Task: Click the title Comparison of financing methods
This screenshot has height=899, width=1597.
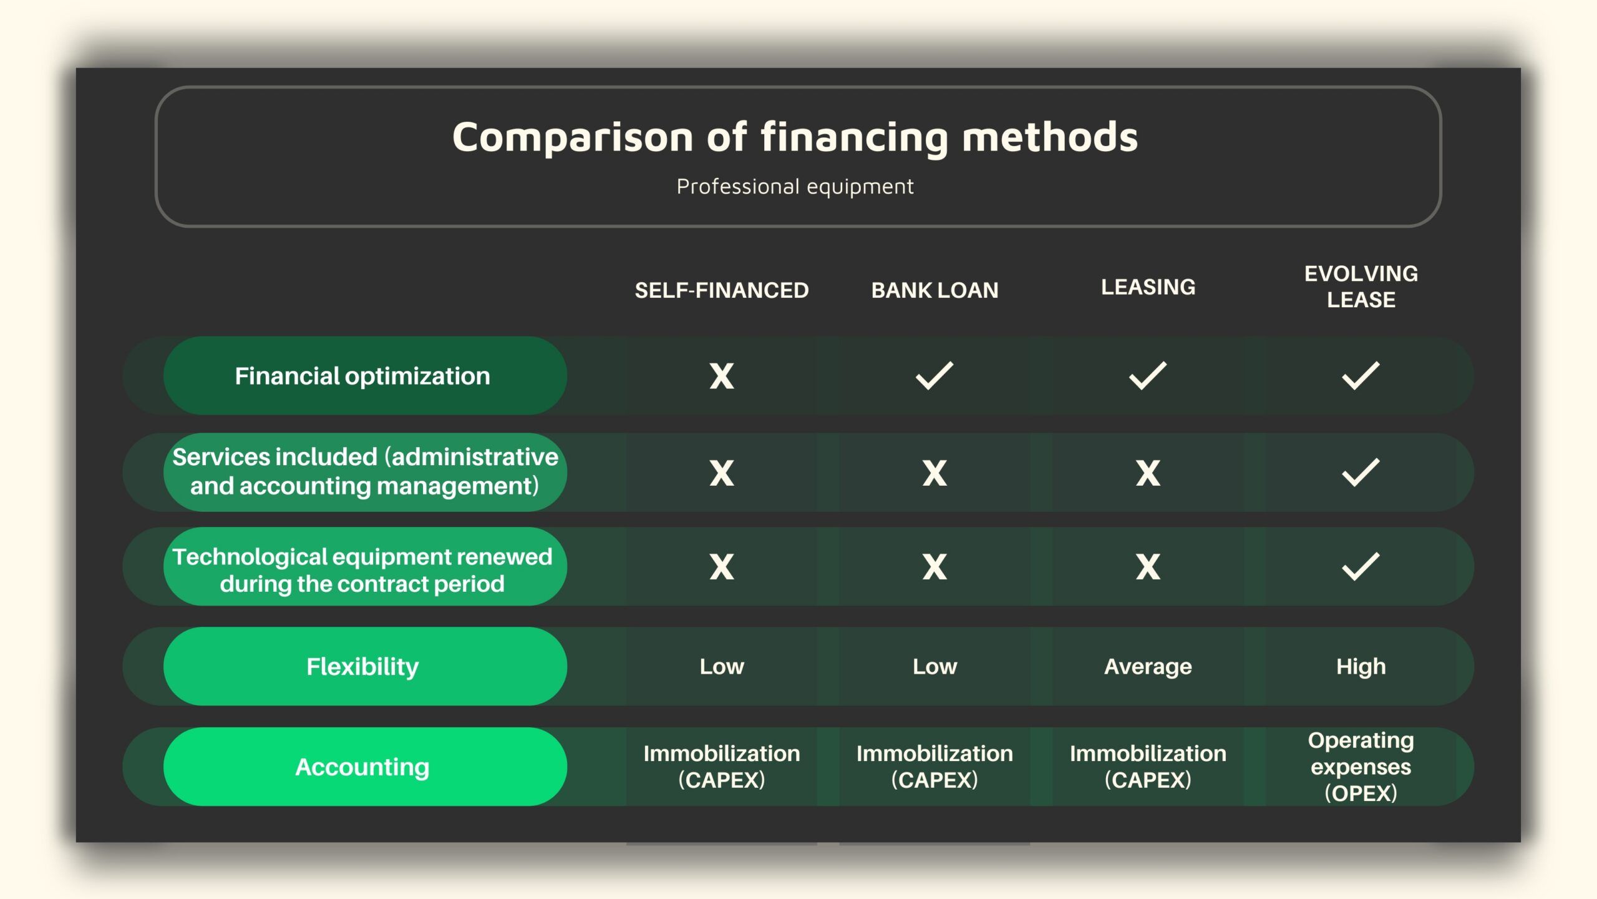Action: click(x=795, y=137)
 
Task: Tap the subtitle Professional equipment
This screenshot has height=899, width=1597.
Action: click(x=795, y=187)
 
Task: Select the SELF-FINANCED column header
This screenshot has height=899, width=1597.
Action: click(x=722, y=290)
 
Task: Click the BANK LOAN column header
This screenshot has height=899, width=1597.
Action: click(x=934, y=290)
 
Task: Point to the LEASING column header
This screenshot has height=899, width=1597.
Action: click(x=1148, y=287)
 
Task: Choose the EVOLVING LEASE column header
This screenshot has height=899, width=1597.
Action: click(x=1361, y=287)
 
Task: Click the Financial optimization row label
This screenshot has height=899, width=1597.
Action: click(x=362, y=376)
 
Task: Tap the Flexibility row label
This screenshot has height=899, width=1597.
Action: click(x=362, y=666)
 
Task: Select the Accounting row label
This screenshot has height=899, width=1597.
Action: click(x=362, y=767)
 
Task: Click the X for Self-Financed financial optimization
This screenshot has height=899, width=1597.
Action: click(x=722, y=376)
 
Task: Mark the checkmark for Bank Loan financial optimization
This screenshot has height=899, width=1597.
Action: click(x=934, y=375)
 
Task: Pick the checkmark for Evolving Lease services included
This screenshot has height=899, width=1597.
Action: click(x=1361, y=472)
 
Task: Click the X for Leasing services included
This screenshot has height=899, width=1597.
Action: click(x=1148, y=473)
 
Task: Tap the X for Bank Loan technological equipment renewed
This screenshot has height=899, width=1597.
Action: click(x=934, y=567)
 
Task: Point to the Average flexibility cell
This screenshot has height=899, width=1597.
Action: click(x=1148, y=667)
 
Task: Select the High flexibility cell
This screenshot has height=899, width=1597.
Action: click(x=1361, y=667)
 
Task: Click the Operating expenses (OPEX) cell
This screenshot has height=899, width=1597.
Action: click(x=1361, y=767)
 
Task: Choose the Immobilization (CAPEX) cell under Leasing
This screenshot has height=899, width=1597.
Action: click(x=1148, y=767)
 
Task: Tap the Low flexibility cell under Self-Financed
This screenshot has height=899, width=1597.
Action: click(x=722, y=667)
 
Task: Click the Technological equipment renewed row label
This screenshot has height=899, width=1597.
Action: click(x=362, y=570)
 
